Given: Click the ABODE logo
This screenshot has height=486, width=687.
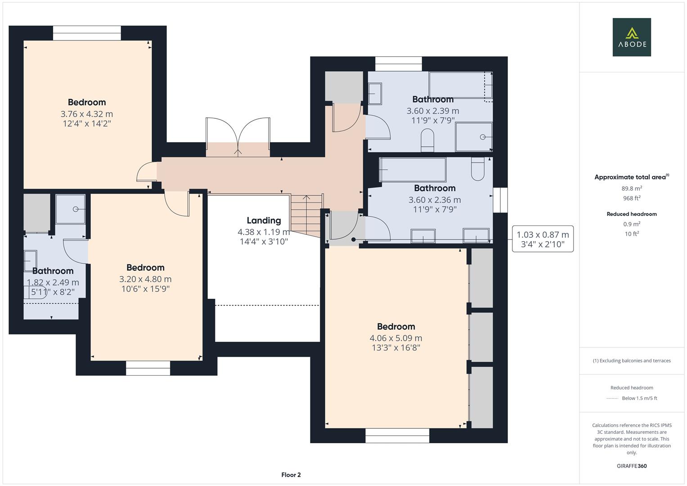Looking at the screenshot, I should (631, 37).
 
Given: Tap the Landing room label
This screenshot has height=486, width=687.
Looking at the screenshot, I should (264, 220).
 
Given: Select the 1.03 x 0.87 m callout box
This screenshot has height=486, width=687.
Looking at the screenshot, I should (543, 239).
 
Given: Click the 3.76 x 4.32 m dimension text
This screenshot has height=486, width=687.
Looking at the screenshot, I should (87, 114).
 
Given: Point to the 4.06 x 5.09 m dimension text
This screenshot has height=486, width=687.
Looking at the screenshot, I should (395, 338).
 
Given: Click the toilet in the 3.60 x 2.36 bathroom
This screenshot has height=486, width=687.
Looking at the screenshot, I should (477, 168).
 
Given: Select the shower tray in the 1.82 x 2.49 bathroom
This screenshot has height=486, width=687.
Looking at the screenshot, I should (70, 209).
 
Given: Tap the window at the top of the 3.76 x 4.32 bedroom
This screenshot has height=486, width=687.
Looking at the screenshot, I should (87, 33).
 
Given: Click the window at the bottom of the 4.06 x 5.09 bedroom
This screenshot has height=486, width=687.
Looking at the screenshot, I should (397, 436).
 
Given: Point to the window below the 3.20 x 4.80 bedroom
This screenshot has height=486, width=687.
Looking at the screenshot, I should (148, 368).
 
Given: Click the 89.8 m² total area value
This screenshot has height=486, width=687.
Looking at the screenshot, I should (632, 189).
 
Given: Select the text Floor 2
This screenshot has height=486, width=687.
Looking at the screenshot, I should (291, 475).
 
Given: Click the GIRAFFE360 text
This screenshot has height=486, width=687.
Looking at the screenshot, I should (631, 466).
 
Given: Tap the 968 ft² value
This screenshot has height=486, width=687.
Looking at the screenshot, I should (632, 198).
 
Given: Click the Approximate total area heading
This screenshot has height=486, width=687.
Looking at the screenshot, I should (631, 177).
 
